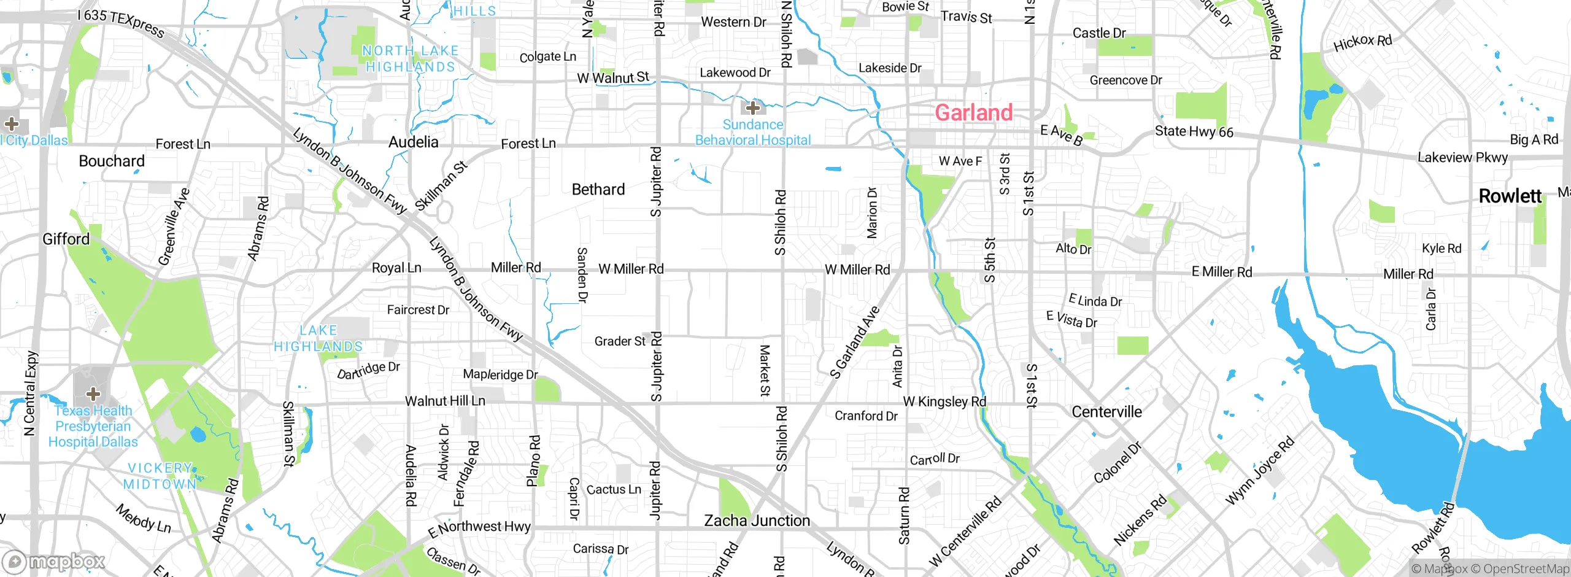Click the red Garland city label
pos(973,113)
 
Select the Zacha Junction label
pos(757,521)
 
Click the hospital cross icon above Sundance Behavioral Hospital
pos(753,108)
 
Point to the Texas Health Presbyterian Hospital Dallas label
pos(93,427)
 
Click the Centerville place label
pos(1106,412)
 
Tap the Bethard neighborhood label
pos(598,190)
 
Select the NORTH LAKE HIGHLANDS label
pos(410,59)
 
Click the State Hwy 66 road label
pos(1194,132)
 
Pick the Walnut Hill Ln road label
pos(445,401)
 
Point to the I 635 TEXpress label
pos(121,23)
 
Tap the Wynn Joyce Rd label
pos(1260,471)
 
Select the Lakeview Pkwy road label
pos(1462,158)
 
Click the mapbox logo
pos(54,562)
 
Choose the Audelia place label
pos(413,142)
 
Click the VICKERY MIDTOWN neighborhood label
pos(161,476)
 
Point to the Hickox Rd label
pos(1362,43)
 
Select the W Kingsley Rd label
pos(944,402)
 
